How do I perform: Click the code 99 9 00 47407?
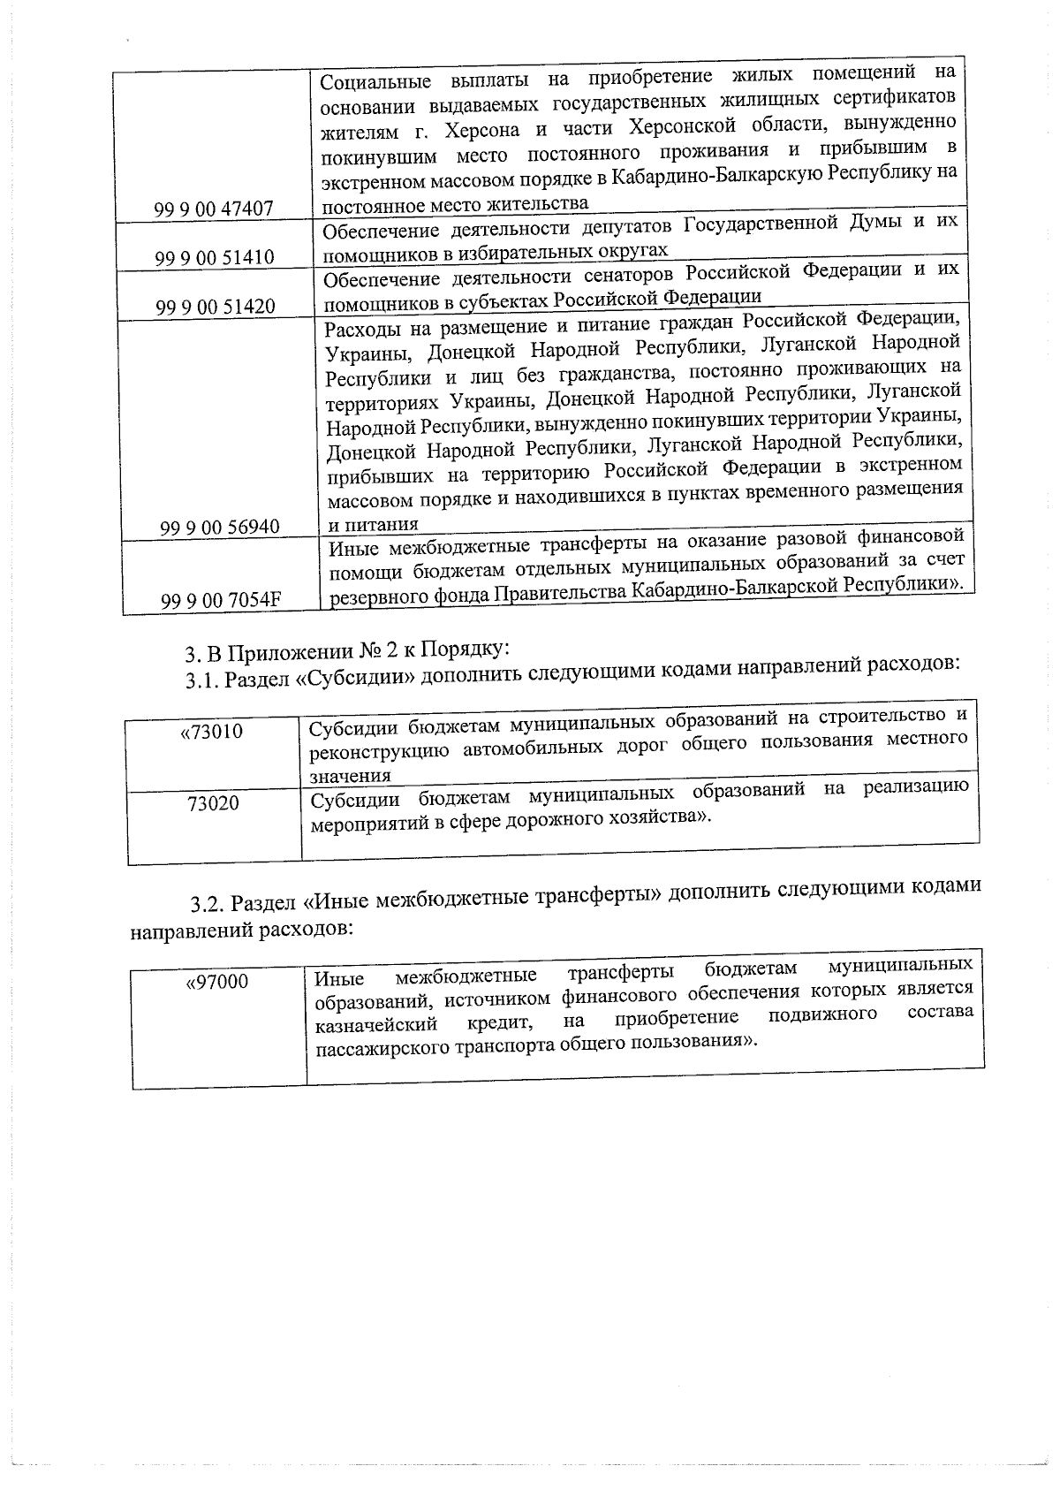point(214,209)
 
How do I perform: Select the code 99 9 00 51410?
point(215,258)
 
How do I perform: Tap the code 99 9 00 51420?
point(216,308)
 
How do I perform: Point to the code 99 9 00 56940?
point(219,528)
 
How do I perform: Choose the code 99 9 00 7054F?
point(221,601)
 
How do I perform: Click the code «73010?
point(211,732)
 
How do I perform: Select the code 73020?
point(213,804)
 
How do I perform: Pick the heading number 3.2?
point(209,905)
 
